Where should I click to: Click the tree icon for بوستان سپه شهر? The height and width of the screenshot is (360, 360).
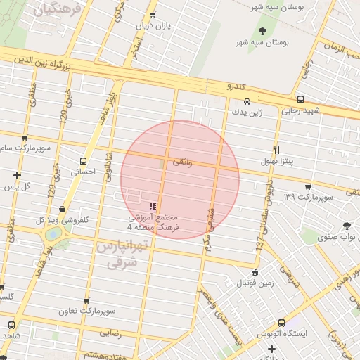pyautogui.click(x=263, y=30)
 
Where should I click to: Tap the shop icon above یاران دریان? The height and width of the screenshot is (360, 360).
pyautogui.click(x=153, y=15)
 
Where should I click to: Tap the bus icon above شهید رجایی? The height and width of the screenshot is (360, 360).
pyautogui.click(x=300, y=99)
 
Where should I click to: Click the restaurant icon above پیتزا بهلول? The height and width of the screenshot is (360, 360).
pyautogui.click(x=277, y=150)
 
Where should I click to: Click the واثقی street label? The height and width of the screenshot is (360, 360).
pyautogui.click(x=181, y=162)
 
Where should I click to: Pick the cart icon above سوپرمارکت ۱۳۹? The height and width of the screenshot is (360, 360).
pyautogui.click(x=308, y=186)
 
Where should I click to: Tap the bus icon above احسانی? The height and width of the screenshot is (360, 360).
pyautogui.click(x=84, y=160)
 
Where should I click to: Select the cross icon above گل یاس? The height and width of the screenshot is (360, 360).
pyautogui.click(x=17, y=175)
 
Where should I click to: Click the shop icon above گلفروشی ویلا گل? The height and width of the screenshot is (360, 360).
pyautogui.click(x=64, y=209)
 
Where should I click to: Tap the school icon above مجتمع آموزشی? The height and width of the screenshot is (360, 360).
pyautogui.click(x=153, y=206)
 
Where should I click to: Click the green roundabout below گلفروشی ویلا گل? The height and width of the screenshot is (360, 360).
pyautogui.click(x=53, y=235)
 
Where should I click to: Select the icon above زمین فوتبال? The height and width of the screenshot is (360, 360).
pyautogui.click(x=254, y=273)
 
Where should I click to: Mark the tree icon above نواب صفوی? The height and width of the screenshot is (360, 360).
pyautogui.click(x=346, y=226)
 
